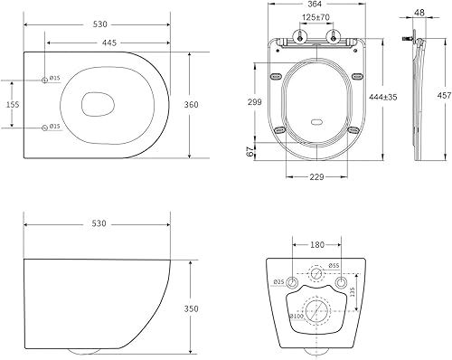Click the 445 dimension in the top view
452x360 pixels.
pos(109,43)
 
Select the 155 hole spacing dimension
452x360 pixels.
pos(13,104)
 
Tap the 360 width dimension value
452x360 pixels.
pos(192,105)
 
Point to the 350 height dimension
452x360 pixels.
pos(192,308)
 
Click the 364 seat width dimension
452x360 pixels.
pos(315,4)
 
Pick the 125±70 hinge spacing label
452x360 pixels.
pos(316,17)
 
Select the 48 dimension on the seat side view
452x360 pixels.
pos(419,13)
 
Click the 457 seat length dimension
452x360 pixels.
pos(445,96)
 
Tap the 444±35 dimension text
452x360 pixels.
pos(383,97)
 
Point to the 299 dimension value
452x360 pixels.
pos(255,102)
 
